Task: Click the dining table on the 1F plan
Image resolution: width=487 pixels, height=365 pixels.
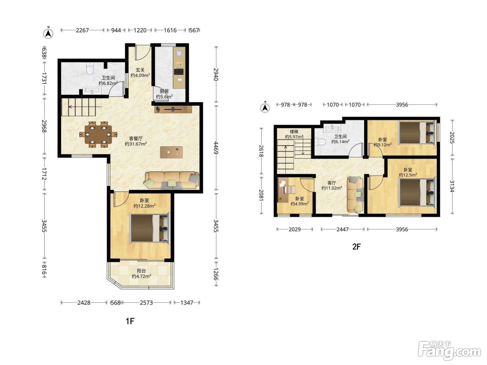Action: [x=98, y=134]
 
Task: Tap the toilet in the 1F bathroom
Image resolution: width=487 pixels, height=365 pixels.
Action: [x=90, y=68]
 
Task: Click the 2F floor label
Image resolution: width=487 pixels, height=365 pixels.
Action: [x=357, y=247]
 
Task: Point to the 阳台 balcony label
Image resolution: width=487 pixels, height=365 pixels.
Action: [x=141, y=270]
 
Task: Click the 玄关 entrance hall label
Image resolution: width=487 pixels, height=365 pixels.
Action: [x=140, y=70]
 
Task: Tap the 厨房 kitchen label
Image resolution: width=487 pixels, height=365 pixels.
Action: [x=164, y=91]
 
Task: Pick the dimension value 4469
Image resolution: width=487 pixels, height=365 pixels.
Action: [x=216, y=148]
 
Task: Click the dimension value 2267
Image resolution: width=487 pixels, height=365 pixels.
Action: [x=82, y=30]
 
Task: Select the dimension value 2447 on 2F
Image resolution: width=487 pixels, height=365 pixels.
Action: [x=342, y=229]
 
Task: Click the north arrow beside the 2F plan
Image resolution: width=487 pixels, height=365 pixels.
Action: [x=265, y=107]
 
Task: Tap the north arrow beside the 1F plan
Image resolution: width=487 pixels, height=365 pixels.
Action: [x=48, y=33]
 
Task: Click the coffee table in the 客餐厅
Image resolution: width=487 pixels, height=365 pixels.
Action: [x=171, y=152]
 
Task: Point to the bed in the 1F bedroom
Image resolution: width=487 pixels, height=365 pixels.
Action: [x=150, y=228]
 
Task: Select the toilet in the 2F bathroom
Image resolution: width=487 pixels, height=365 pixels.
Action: [x=320, y=141]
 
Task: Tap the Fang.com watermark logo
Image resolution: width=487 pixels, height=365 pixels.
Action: [x=449, y=351]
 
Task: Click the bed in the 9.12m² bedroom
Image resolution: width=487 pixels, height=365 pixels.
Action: [x=417, y=132]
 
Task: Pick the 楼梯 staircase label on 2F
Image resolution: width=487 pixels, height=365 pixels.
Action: [x=294, y=132]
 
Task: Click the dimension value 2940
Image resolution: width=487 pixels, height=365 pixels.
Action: [x=216, y=74]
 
